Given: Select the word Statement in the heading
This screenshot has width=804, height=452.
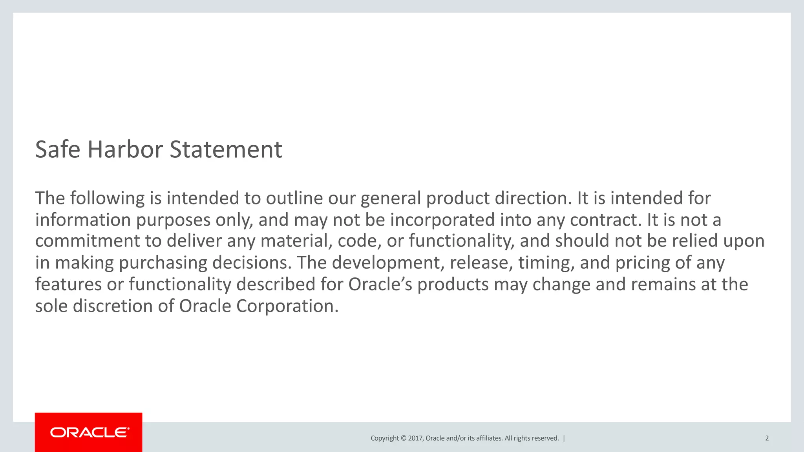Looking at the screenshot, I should click(226, 149).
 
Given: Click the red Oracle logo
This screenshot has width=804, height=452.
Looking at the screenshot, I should click(89, 432).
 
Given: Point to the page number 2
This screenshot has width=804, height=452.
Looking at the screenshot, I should click(767, 438).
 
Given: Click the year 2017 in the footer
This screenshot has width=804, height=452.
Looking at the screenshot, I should click(415, 438).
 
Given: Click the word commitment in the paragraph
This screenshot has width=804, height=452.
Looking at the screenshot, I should click(88, 241).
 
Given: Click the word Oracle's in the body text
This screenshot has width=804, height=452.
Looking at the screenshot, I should click(380, 284).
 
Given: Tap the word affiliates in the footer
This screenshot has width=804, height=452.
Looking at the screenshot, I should click(489, 438).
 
